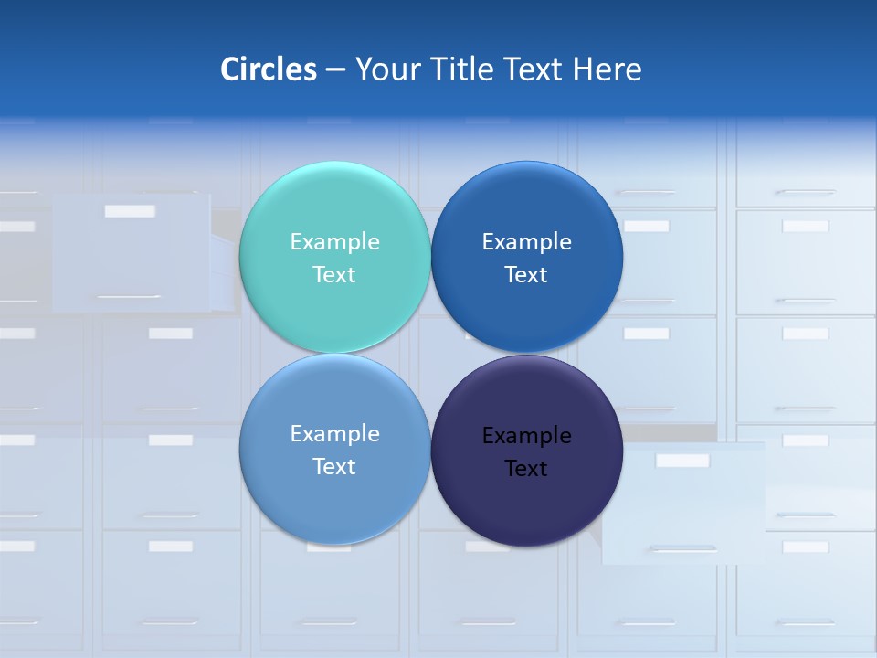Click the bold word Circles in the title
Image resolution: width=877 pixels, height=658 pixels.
[x=269, y=69]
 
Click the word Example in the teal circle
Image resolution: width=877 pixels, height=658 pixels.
[x=334, y=242]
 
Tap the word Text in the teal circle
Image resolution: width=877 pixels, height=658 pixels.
[x=334, y=275]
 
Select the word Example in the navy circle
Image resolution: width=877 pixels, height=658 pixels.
[x=527, y=436]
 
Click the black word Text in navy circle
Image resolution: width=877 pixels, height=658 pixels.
[x=526, y=469]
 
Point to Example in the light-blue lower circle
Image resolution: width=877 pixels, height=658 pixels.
[x=334, y=434]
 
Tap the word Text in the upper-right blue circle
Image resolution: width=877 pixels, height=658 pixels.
[x=526, y=275]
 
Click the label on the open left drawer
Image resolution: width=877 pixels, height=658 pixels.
[x=130, y=211]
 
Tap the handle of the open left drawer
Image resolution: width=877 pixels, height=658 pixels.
[x=129, y=297]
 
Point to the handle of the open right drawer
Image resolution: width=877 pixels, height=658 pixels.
[x=682, y=549]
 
